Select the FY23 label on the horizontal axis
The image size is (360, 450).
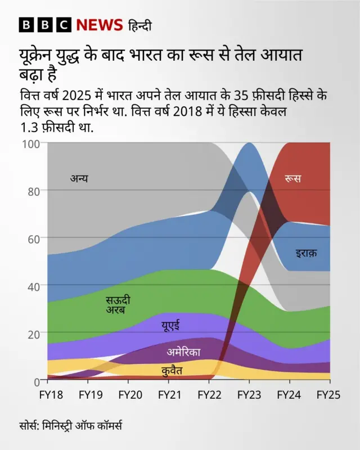tap(249, 395)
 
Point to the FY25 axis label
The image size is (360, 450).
tap(329, 395)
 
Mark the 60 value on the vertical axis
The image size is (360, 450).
tap(33, 238)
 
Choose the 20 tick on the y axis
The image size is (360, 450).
tap(33, 333)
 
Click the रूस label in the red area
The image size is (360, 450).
tap(292, 178)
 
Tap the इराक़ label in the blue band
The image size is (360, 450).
tap(306, 254)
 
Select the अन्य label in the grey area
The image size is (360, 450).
tap(79, 179)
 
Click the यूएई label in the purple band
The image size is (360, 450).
tap(170, 326)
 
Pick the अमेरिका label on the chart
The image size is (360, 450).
tap(183, 353)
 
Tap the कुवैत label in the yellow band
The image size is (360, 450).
tap(172, 371)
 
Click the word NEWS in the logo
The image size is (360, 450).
tap(100, 25)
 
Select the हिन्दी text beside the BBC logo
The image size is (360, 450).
tap(139, 25)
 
